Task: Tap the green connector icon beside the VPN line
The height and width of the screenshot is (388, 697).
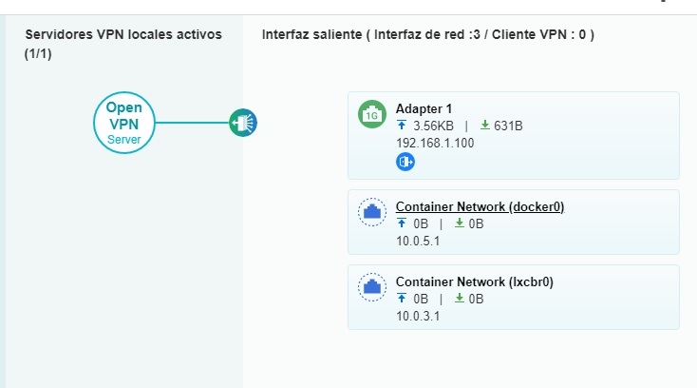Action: (x=243, y=123)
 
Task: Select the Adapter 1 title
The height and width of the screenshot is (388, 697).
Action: (x=424, y=108)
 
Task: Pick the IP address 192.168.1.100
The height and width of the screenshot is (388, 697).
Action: (x=434, y=143)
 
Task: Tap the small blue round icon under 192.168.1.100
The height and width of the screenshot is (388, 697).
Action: (x=405, y=162)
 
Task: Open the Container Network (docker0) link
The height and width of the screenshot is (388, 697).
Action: (x=480, y=206)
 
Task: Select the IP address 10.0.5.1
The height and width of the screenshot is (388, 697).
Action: (x=418, y=241)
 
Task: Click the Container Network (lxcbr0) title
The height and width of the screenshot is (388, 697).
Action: (x=474, y=281)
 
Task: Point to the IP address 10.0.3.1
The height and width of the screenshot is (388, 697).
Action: (x=418, y=316)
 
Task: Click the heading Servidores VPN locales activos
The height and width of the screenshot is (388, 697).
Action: (x=122, y=34)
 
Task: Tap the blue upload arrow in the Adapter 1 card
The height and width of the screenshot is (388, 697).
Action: (x=402, y=126)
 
